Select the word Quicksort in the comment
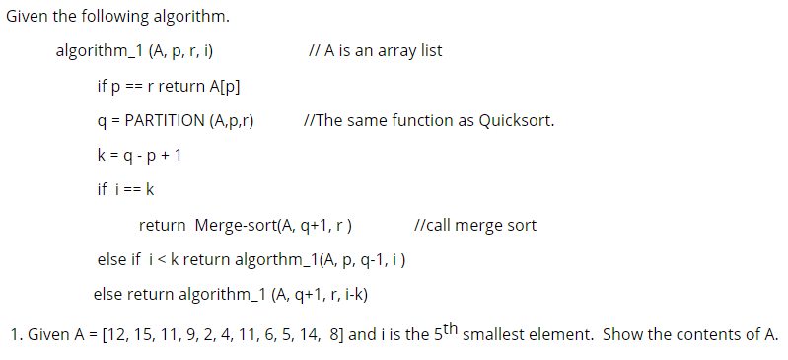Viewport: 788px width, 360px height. coord(516,121)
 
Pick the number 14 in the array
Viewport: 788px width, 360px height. coord(306,334)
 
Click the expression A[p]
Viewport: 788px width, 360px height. coord(226,86)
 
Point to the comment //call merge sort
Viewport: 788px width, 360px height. coord(476,225)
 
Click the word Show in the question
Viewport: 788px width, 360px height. coord(623,334)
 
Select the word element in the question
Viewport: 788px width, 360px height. coord(561,334)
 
